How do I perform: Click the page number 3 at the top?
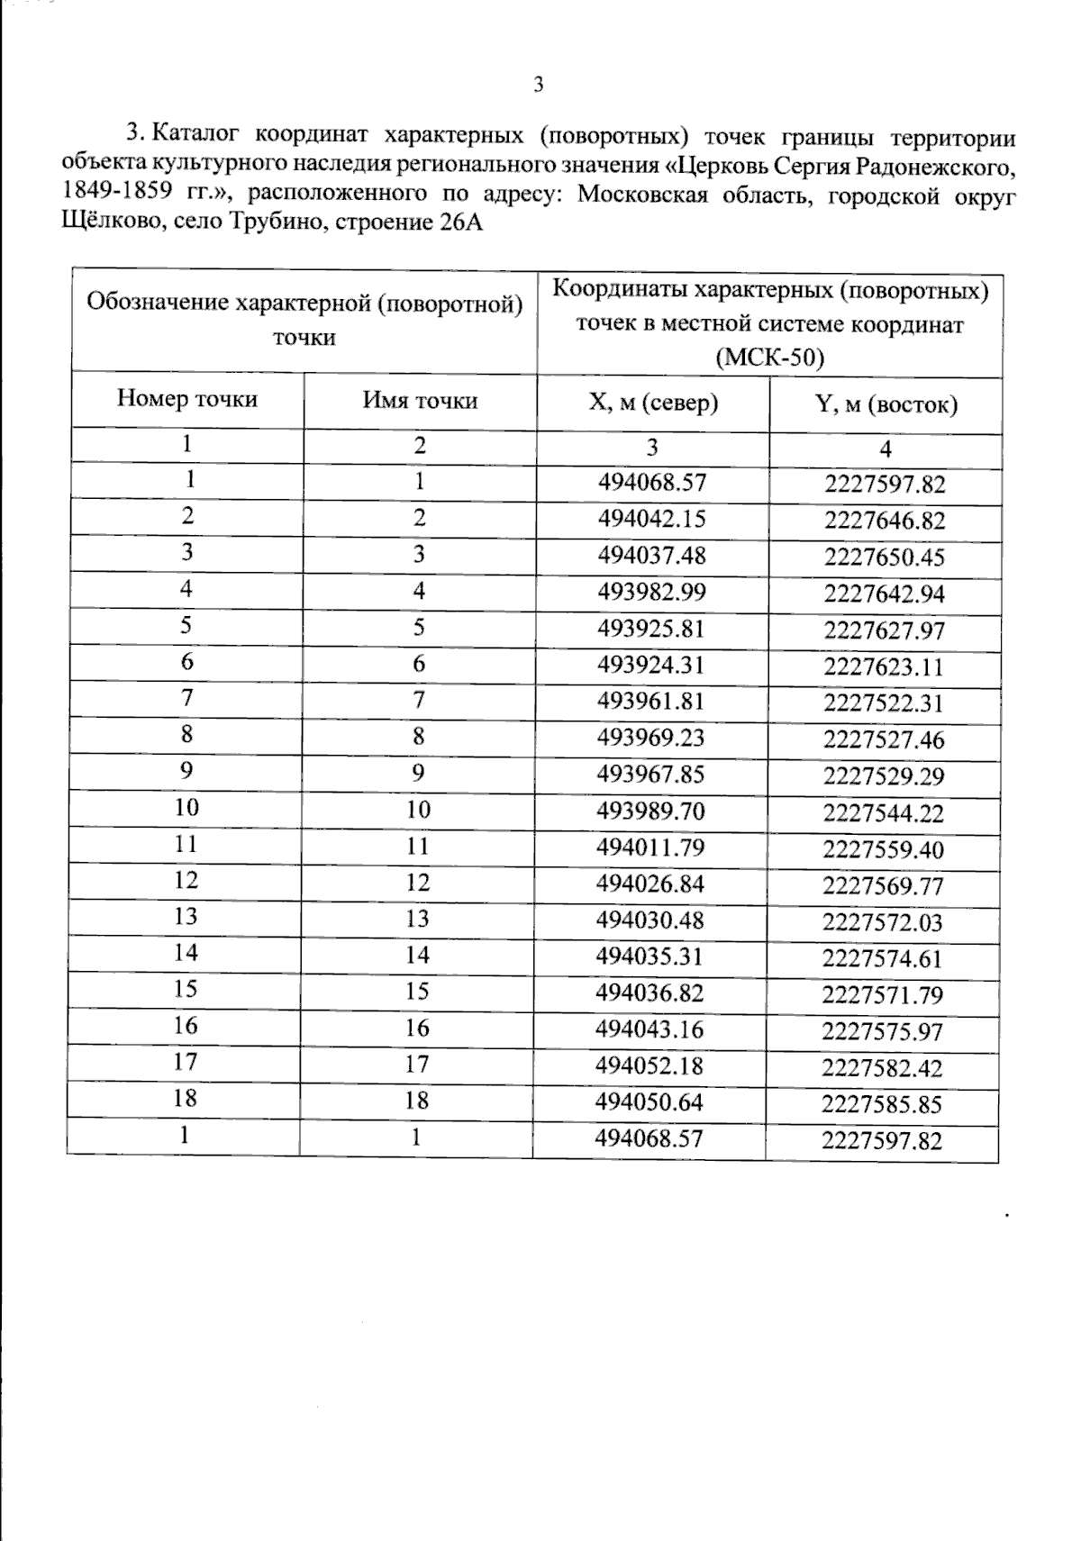tap(539, 86)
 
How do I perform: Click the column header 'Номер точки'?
tap(187, 399)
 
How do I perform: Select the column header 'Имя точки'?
tap(420, 401)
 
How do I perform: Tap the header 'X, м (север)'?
tap(653, 403)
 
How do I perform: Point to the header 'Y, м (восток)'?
tap(886, 404)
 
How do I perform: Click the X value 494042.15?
tap(652, 519)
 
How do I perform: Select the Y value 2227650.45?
tap(885, 557)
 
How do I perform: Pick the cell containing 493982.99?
tap(652, 592)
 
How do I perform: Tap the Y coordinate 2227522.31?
tap(884, 703)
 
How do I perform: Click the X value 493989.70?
tap(651, 811)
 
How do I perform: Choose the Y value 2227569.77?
tap(883, 886)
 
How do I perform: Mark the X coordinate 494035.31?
tap(650, 956)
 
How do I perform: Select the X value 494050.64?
tap(650, 1101)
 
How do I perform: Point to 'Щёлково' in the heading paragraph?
tap(102, 222)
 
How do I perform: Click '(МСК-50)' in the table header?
tap(769, 358)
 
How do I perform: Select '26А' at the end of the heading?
tap(461, 222)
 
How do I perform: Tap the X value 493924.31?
tap(651, 665)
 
